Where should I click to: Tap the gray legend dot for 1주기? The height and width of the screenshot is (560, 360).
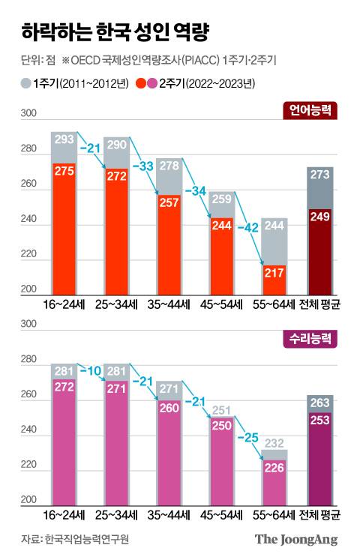click(25, 82)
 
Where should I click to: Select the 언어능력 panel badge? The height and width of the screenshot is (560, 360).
click(313, 112)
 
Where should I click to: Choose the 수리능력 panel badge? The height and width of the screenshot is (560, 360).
click(313, 340)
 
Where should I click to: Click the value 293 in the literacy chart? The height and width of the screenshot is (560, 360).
click(64, 139)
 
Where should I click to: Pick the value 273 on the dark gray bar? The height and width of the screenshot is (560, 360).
click(319, 175)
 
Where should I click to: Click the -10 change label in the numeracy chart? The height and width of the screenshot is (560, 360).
click(92, 371)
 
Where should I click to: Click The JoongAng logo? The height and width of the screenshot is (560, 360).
click(295, 539)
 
